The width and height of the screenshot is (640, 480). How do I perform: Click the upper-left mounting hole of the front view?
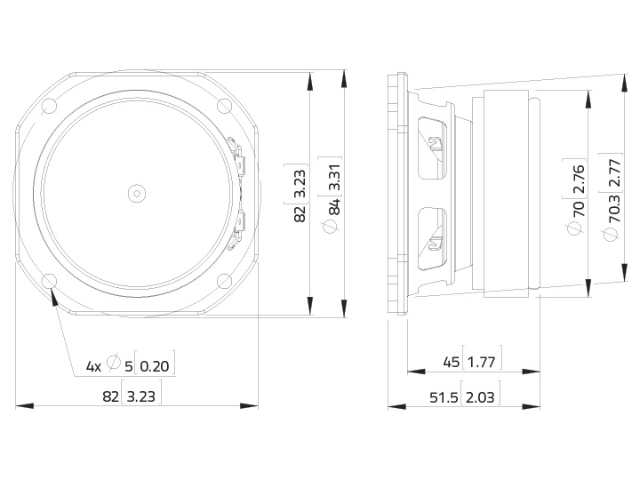pos(50,107)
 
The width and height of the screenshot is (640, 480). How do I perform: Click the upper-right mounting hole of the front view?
pos(224,106)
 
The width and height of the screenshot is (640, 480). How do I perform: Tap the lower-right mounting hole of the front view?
pos(224,281)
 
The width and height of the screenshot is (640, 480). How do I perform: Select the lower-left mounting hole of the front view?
pos(50,281)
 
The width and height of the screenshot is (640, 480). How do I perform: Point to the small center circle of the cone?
pos(137,193)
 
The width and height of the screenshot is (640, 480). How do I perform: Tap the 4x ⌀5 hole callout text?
pos(109,364)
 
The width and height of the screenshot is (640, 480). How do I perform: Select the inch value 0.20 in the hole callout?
pos(155,365)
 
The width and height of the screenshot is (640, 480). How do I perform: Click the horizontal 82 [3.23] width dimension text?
pos(132,396)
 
